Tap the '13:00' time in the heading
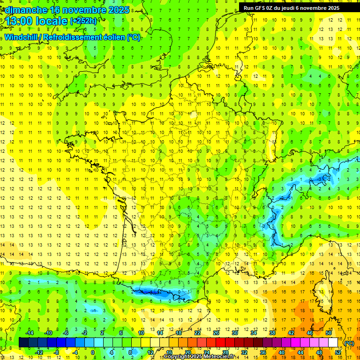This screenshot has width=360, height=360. tap(19, 21)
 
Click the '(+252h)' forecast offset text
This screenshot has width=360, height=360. tap(83, 21)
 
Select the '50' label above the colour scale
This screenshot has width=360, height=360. tap(328, 333)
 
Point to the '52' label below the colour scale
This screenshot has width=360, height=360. tap(338, 352)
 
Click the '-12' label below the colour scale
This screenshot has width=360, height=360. tap(39, 352)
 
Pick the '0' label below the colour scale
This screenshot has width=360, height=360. tap(93, 352)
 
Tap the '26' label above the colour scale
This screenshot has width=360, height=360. tap(216, 333)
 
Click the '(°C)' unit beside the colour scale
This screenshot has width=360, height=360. tap(349, 343)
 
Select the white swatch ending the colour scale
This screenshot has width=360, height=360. tap(333, 343)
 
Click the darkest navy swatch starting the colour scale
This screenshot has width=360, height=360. tap(23, 343)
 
